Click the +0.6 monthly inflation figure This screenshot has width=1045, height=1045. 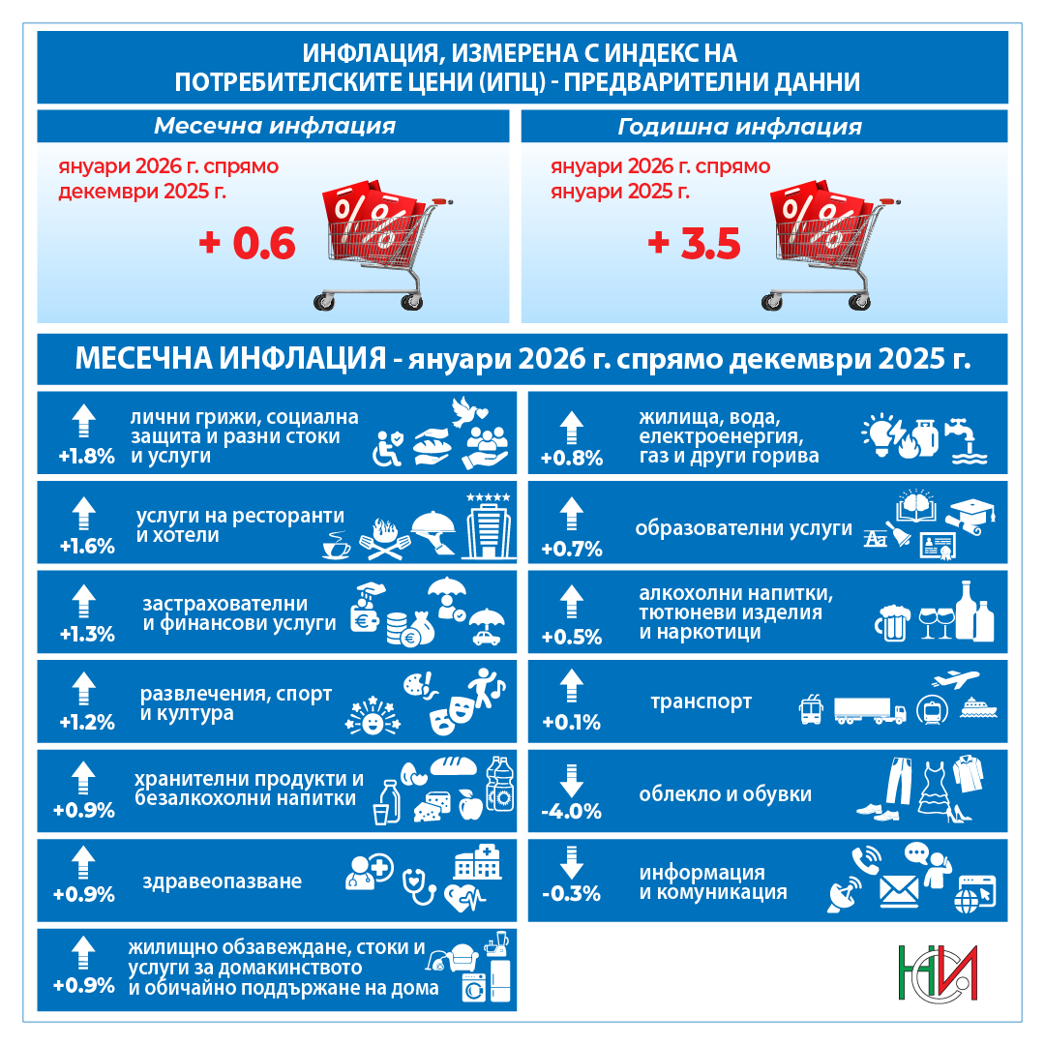[x=247, y=245]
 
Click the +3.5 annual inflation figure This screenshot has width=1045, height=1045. [x=694, y=245]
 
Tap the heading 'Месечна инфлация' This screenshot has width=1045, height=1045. [x=275, y=127]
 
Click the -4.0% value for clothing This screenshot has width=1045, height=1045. [x=571, y=811]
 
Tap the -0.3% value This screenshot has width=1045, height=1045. [x=571, y=893]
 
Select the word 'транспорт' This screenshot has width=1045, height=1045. [x=701, y=702]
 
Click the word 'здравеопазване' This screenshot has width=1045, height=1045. [x=222, y=881]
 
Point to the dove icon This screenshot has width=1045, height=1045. [x=470, y=411]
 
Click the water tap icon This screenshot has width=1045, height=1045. [x=965, y=432]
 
